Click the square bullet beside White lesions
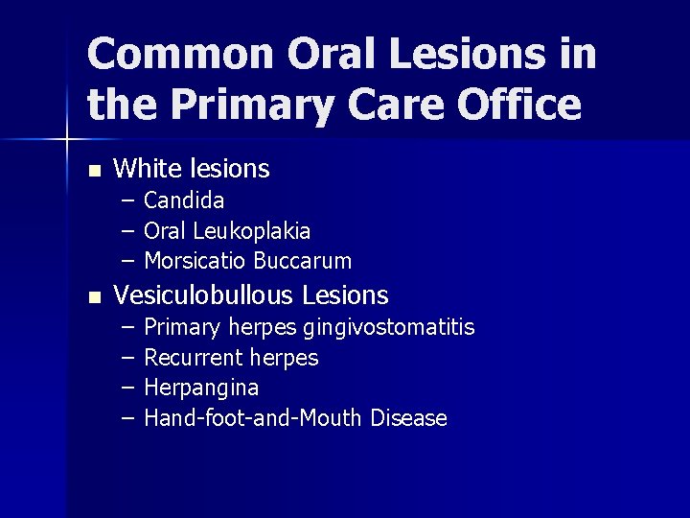click(x=93, y=172)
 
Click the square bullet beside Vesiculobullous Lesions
click(x=93, y=297)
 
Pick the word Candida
click(x=184, y=200)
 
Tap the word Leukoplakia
click(x=251, y=231)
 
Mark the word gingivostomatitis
click(x=388, y=328)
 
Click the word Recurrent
click(x=194, y=358)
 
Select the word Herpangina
click(x=201, y=388)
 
